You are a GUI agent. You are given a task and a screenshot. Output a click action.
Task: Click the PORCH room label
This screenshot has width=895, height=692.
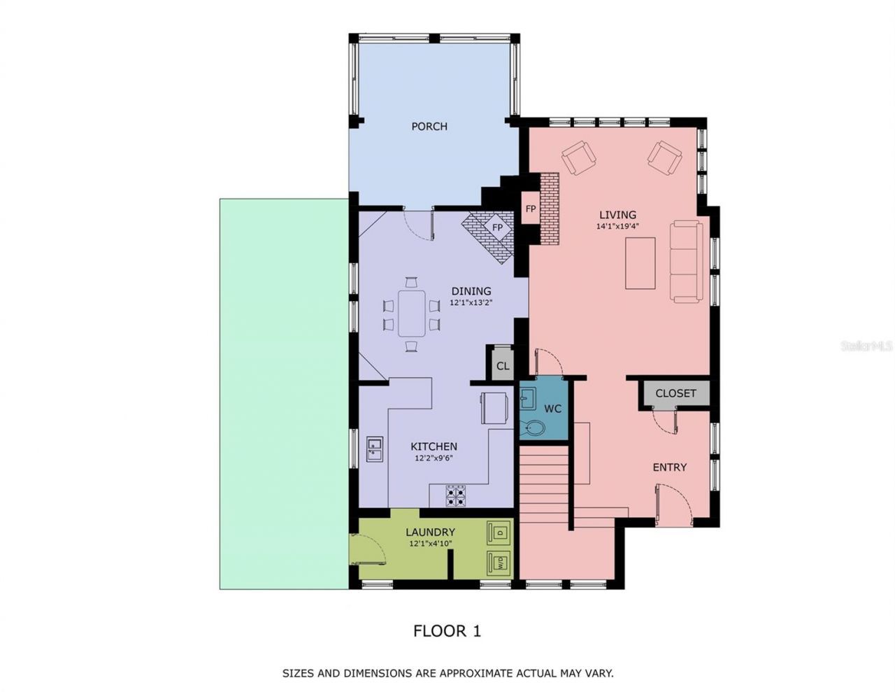click(x=429, y=127)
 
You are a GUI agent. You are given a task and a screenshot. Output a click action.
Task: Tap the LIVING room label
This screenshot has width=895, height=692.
click(x=617, y=215)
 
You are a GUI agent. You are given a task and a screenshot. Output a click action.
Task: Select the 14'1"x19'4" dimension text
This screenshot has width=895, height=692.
click(x=617, y=227)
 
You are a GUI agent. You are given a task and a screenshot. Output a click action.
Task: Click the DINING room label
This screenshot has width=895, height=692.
click(x=471, y=291)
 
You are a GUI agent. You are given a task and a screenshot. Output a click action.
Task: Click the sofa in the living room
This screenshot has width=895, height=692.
click(x=686, y=262)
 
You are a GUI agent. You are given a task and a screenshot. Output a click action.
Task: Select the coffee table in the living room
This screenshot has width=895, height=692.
click(x=640, y=263)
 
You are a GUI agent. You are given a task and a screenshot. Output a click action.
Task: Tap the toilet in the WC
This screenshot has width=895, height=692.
click(x=534, y=428)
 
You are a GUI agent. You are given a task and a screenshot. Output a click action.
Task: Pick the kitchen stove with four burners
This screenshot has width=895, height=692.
click(x=456, y=495)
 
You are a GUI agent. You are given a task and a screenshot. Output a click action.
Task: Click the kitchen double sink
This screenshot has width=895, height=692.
click(x=375, y=449)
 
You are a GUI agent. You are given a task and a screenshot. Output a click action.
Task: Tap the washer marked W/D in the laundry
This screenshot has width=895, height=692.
click(x=499, y=562)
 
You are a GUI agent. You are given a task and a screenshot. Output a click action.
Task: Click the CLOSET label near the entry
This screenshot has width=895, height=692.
click(x=675, y=393)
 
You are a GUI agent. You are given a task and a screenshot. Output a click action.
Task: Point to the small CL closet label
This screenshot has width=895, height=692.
click(x=502, y=366)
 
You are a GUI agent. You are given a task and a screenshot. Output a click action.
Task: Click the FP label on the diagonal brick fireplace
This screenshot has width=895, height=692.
click(x=497, y=228)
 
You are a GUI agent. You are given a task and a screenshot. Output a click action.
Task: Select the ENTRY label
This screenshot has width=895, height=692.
click(x=669, y=467)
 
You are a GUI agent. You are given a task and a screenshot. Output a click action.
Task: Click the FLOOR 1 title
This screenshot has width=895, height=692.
click(x=447, y=631)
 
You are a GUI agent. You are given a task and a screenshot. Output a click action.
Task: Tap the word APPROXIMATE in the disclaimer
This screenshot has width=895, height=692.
click(x=464, y=674)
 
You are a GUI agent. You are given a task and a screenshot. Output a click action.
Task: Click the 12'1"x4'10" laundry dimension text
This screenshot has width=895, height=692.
click(x=430, y=544)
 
